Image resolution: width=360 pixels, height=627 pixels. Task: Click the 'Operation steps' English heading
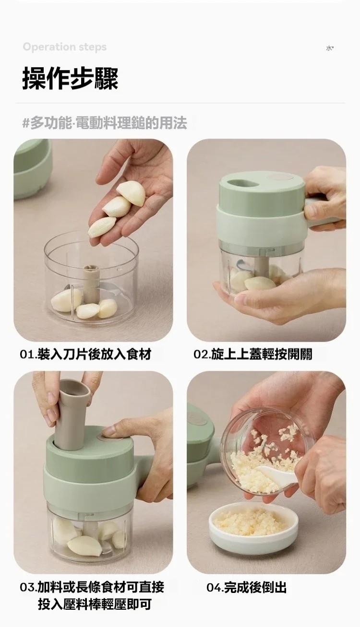tap(65, 47)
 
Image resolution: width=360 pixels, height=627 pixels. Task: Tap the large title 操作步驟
tap(70, 79)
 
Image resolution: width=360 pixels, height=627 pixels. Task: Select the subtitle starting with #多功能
tap(105, 123)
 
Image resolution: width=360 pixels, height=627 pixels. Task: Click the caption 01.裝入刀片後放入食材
tap(85, 355)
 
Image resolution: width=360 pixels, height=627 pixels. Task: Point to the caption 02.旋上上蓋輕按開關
tap(252, 355)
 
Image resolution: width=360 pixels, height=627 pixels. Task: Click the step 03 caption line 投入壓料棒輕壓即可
tap(95, 604)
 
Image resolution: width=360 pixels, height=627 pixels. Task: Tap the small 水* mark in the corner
tap(330, 48)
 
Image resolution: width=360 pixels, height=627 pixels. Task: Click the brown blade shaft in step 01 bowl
tap(91, 284)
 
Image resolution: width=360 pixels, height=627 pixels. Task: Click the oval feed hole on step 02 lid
tap(243, 183)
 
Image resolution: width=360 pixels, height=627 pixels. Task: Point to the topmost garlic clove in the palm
tap(132, 193)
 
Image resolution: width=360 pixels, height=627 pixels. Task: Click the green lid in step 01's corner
tap(33, 168)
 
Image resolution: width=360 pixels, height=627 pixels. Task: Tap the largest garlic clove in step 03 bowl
tap(84, 546)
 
